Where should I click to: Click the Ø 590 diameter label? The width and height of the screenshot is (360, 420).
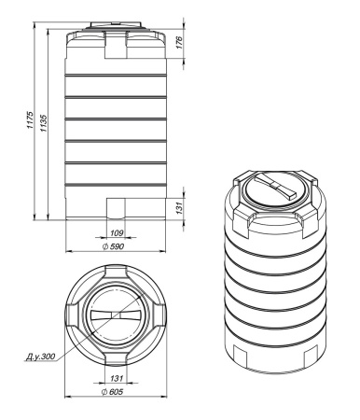(117, 248)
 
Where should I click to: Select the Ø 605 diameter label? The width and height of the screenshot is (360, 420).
(117, 394)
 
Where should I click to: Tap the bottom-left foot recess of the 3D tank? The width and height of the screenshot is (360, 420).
(242, 354)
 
